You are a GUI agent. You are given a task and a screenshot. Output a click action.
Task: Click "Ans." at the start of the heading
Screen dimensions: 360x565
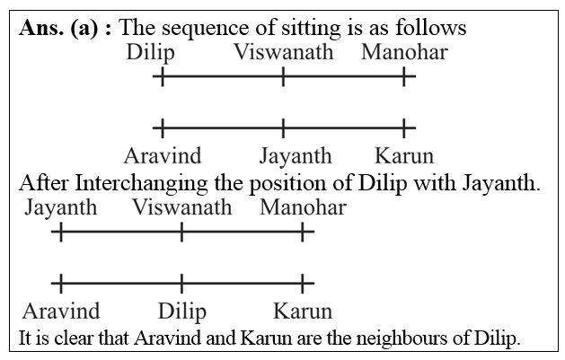41,28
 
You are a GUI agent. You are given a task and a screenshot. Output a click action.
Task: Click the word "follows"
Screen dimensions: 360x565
431,28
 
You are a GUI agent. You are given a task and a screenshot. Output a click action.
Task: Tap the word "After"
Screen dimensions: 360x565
43,183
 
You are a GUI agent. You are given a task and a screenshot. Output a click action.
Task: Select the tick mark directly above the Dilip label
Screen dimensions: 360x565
181,285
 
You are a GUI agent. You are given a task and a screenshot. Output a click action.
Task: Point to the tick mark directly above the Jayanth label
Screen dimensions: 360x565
283,127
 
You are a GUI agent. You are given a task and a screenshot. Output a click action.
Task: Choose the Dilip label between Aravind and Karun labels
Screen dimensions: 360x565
181,312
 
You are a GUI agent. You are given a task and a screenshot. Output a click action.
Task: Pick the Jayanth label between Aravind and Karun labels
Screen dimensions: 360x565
295,154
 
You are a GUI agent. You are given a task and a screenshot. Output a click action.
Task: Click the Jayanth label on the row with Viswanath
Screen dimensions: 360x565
61,208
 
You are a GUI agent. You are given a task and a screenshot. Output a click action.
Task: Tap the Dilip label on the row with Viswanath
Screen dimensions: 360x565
151,52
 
